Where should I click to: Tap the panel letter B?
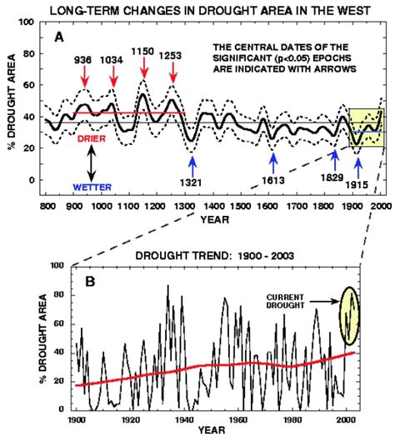tap(91, 281)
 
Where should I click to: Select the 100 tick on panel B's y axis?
tap(59, 265)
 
